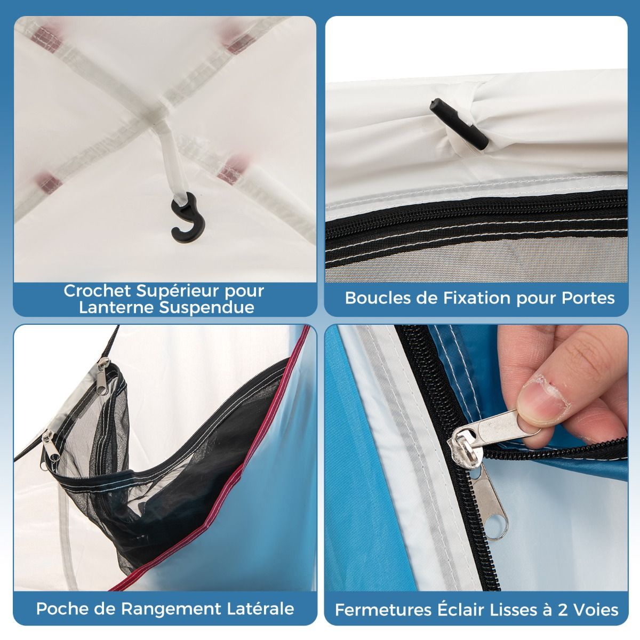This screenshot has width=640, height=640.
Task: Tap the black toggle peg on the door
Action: click(459, 124)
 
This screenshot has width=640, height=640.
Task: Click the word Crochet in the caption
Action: click(98, 292)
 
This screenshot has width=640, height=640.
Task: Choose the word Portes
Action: click(588, 298)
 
